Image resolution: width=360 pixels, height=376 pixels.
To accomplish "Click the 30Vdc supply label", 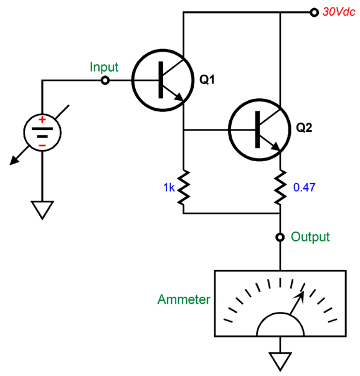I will click(x=338, y=12).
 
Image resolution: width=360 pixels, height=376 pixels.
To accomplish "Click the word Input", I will click(x=104, y=67).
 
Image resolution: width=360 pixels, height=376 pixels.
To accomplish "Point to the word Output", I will click(x=311, y=237).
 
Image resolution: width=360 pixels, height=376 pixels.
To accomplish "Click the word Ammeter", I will click(x=183, y=299).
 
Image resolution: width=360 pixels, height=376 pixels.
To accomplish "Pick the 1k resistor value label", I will click(x=168, y=187).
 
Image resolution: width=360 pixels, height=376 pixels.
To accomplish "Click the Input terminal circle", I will click(x=105, y=80).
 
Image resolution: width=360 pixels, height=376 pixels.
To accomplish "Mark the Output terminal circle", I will click(x=280, y=237).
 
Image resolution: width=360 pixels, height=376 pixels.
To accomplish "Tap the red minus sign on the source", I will click(x=42, y=146).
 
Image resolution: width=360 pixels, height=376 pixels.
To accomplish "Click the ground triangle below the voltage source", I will click(x=42, y=210).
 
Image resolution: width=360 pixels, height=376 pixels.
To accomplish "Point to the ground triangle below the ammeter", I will click(x=280, y=359).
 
